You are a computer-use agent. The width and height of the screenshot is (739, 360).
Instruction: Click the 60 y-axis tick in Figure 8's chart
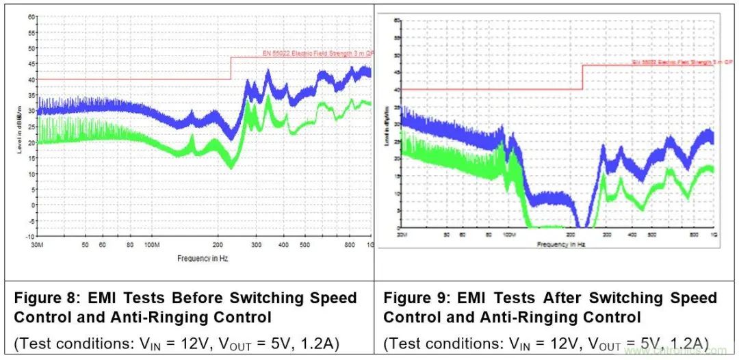click(x=31, y=16)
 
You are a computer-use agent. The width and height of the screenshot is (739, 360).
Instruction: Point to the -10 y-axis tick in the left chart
click(x=30, y=236)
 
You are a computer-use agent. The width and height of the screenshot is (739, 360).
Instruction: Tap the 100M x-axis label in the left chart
click(x=152, y=244)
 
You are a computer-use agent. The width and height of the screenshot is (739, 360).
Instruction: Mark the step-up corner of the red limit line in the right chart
click(x=582, y=66)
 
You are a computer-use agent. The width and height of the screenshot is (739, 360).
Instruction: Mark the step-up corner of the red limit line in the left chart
click(x=231, y=57)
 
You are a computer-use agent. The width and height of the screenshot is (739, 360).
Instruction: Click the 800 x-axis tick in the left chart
click(x=350, y=244)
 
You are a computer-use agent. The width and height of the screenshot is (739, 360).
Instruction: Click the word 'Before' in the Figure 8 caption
click(x=202, y=298)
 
